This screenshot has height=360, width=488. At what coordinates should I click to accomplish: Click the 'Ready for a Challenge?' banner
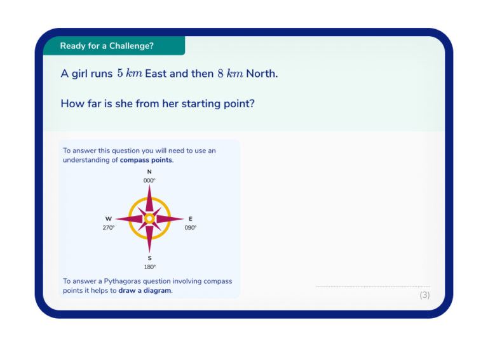tap(107, 46)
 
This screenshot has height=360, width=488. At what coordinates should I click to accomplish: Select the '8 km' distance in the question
tap(230, 74)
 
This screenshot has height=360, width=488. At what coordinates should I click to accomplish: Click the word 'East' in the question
tap(156, 74)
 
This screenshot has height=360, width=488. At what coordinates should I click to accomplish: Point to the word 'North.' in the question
tap(262, 74)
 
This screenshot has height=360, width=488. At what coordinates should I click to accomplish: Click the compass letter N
tap(149, 172)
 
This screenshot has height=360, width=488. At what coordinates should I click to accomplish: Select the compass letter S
tap(150, 258)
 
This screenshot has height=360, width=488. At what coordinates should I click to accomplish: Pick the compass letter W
tap(109, 219)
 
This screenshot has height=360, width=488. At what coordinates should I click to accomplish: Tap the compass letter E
tap(191, 219)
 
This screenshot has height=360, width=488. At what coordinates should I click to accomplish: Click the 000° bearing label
tap(149, 181)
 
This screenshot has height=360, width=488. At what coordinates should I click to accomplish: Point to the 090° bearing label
tap(191, 228)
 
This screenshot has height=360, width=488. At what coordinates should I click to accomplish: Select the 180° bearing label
tap(150, 267)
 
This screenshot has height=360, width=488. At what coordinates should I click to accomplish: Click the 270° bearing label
tap(109, 228)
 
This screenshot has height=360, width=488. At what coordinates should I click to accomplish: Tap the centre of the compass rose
tap(149, 219)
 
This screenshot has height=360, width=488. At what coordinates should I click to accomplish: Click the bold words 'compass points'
tap(146, 160)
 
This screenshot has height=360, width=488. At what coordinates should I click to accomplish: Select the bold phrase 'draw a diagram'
tap(145, 291)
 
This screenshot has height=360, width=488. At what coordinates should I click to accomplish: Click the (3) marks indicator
tap(424, 295)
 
